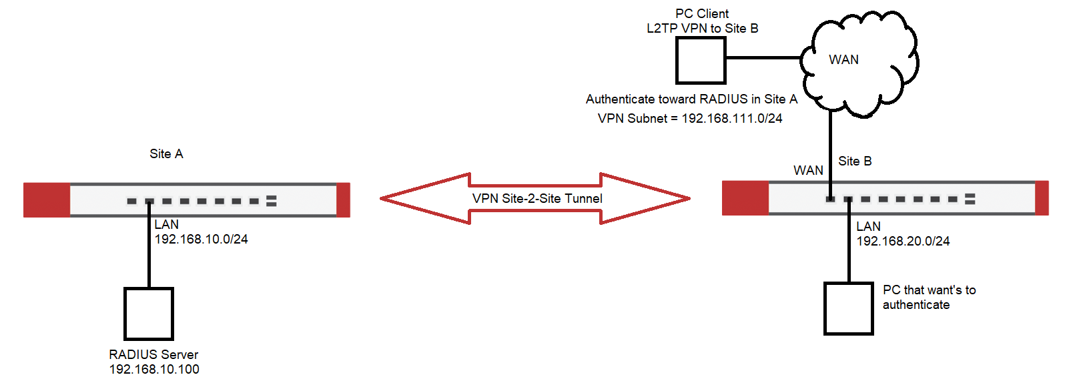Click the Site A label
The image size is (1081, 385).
[166, 154]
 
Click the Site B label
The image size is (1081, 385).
[855, 161]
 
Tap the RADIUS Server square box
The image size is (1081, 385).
[149, 314]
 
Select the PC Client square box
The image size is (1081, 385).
[701, 60]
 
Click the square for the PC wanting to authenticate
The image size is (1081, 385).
[849, 308]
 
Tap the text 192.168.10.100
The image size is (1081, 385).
[154, 370]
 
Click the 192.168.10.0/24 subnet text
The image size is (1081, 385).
[201, 240]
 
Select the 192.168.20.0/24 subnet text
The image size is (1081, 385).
[903, 242]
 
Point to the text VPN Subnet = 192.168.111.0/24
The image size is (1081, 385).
[690, 119]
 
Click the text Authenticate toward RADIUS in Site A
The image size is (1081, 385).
[691, 99]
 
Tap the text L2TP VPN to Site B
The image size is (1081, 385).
[702, 29]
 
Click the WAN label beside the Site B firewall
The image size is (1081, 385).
[808, 171]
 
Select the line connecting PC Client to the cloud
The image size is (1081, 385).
[763, 58]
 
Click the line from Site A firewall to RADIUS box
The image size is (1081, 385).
[149, 254]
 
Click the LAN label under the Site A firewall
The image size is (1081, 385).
[166, 225]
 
